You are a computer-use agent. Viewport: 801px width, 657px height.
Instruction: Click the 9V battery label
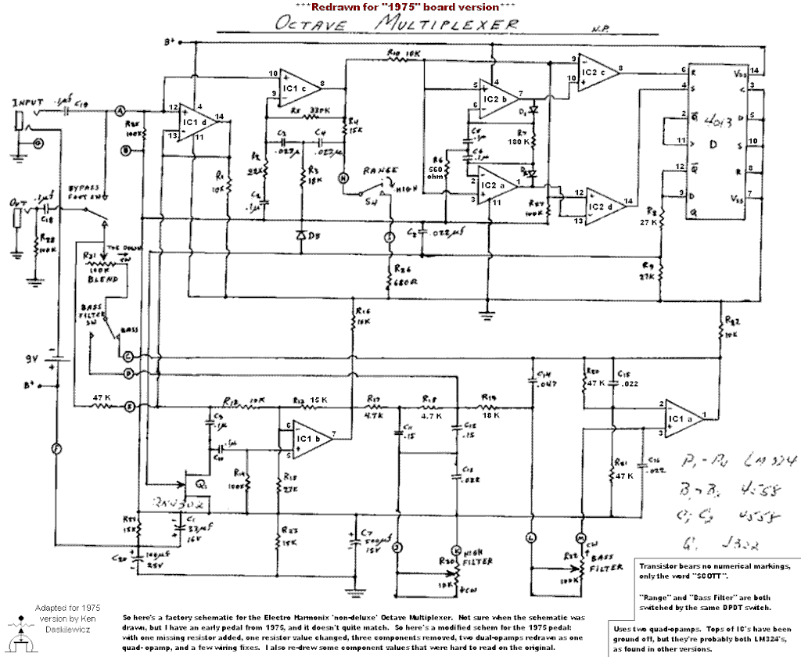coord(31,359)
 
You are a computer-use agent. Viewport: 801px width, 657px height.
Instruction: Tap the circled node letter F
coord(56,448)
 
